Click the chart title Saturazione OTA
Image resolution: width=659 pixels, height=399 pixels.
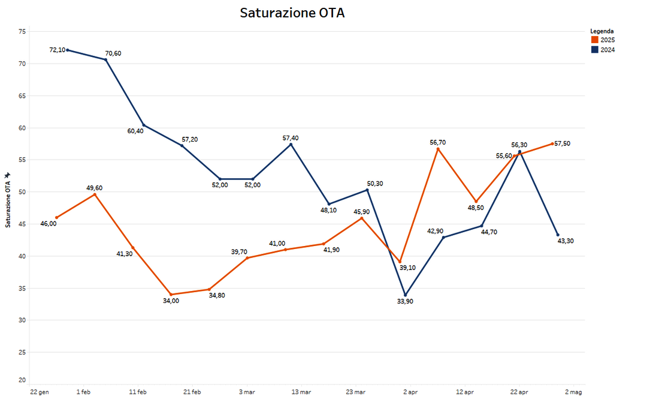[x=292, y=13]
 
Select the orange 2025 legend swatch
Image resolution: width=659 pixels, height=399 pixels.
[x=595, y=40]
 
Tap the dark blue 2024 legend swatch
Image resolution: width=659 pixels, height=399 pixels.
[x=595, y=50]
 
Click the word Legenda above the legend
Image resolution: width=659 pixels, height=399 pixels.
[x=601, y=31]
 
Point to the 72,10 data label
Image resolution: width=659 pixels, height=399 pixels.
[x=57, y=50]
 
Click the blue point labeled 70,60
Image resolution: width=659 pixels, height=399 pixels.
[x=106, y=59]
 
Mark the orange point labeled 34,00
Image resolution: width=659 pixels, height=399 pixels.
[x=171, y=295]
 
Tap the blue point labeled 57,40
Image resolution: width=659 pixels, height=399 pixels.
[x=291, y=144]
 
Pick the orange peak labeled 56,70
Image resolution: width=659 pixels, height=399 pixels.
[x=438, y=149]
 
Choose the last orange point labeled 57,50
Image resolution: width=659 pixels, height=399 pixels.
[x=552, y=143]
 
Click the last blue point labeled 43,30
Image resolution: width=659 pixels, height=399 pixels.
[x=558, y=235]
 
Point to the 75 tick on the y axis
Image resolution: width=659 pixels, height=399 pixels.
[x=22, y=31]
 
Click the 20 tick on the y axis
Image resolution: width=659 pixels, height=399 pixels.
[x=22, y=380]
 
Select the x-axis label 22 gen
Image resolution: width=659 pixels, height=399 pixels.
[x=40, y=392]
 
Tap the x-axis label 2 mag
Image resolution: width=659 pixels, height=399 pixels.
[x=574, y=392]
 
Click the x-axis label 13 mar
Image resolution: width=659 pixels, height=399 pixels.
[x=301, y=392]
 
